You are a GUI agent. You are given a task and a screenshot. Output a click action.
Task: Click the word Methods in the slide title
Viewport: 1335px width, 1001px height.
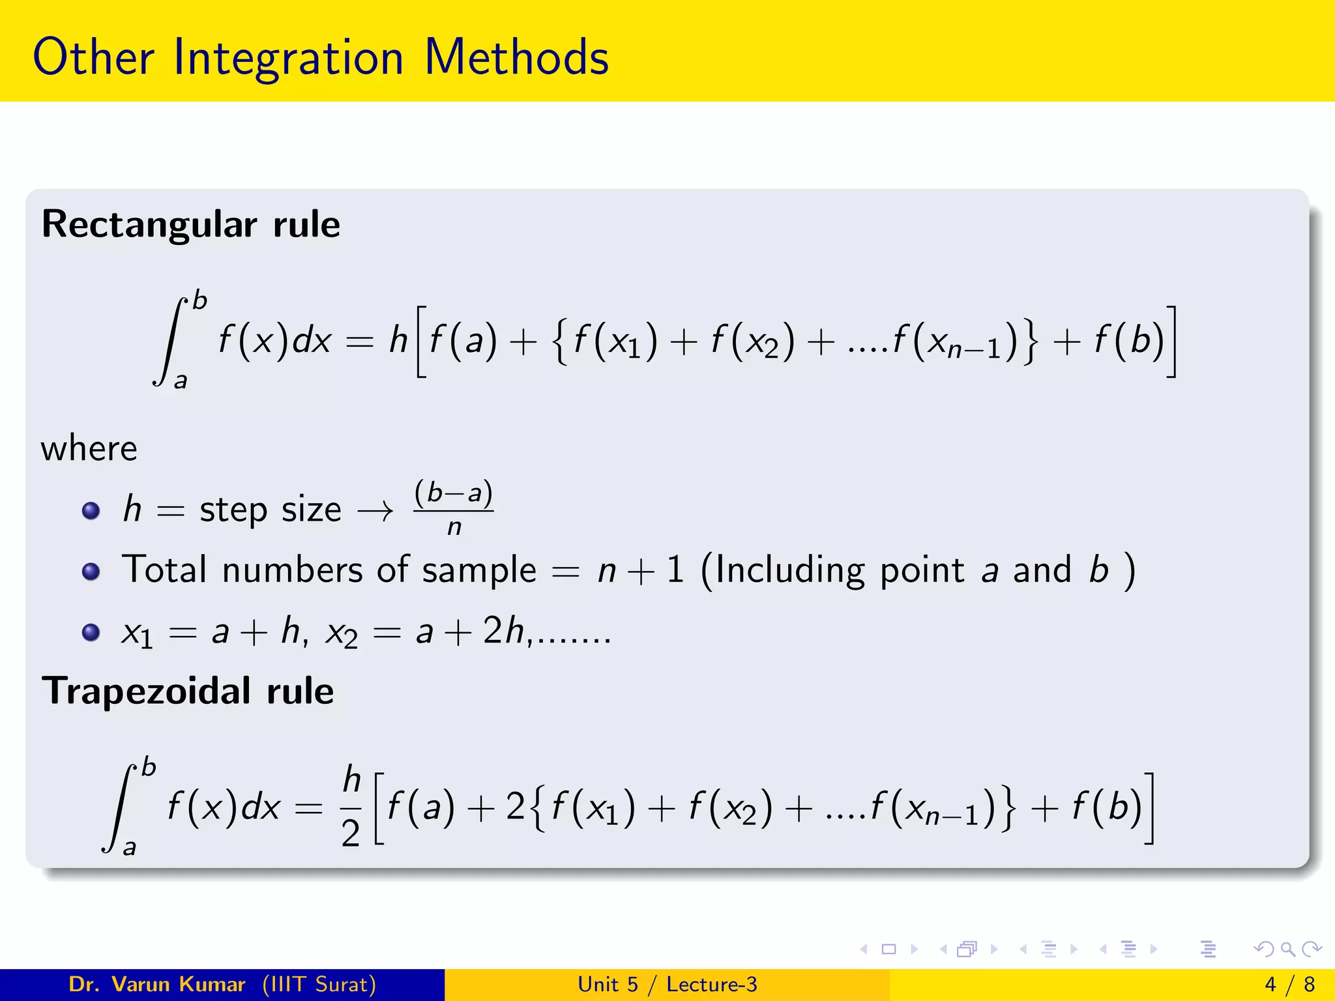pos(516,57)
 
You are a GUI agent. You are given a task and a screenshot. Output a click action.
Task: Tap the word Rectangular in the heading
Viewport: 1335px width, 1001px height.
pos(149,225)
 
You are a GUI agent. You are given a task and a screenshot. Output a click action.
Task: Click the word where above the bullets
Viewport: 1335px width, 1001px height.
pos(89,449)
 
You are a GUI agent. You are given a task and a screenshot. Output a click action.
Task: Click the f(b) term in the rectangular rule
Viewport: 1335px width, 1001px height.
pos(1129,340)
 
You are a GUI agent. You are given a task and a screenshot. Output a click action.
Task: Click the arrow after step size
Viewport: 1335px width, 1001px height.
pos(376,511)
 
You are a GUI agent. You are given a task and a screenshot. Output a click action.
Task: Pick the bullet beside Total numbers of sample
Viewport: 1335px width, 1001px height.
pos(91,572)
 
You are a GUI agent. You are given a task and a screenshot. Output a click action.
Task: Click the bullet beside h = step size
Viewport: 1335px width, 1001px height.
pos(91,510)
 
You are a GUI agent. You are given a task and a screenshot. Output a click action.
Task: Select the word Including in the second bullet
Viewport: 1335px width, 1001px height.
pos(789,570)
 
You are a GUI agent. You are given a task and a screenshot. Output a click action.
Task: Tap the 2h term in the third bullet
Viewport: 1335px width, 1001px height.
pos(503,631)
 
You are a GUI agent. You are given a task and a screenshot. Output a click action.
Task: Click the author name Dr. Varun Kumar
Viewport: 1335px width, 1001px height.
pos(157,984)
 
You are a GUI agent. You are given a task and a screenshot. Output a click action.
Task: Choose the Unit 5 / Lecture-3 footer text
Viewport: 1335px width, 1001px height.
pos(667,984)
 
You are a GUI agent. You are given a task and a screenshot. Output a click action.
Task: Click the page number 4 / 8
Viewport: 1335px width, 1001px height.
pos(1289,984)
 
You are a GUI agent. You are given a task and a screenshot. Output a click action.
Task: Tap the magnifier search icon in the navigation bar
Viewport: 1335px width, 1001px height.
pos(1287,949)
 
